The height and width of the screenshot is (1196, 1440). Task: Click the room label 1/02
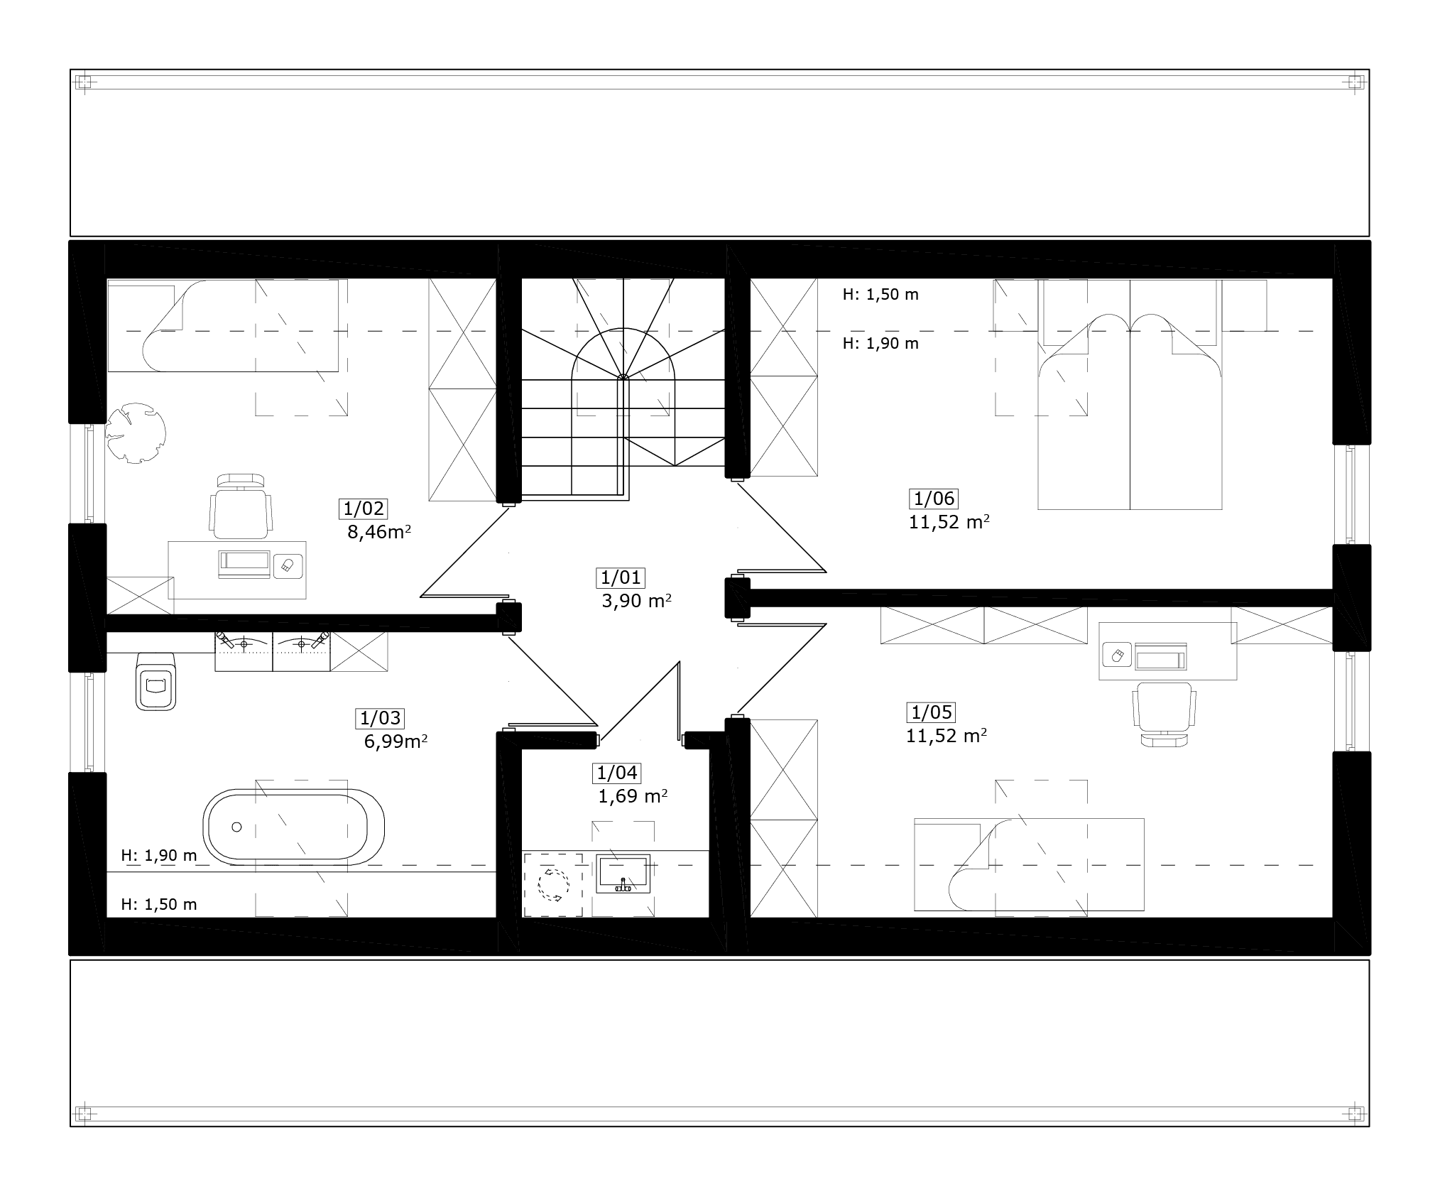click(x=364, y=509)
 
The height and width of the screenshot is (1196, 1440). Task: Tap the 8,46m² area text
click(x=379, y=532)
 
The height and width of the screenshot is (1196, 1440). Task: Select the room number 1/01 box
click(x=621, y=577)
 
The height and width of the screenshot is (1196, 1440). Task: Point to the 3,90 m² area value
click(x=636, y=601)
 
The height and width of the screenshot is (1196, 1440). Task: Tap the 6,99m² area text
click(x=396, y=742)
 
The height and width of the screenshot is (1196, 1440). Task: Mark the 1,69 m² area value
click(x=633, y=796)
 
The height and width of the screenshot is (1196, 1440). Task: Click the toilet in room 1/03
click(x=156, y=680)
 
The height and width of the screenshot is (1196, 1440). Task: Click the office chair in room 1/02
click(x=241, y=506)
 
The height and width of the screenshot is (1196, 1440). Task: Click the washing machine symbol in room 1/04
click(x=553, y=885)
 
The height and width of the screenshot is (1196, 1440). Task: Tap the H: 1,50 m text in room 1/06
click(x=880, y=294)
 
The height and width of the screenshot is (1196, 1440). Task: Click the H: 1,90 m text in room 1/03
click(x=159, y=855)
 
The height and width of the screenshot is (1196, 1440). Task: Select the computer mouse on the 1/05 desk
click(x=1116, y=655)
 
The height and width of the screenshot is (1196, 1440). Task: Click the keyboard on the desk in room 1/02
click(x=245, y=563)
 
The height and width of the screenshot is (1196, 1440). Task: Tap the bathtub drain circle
click(x=237, y=827)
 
